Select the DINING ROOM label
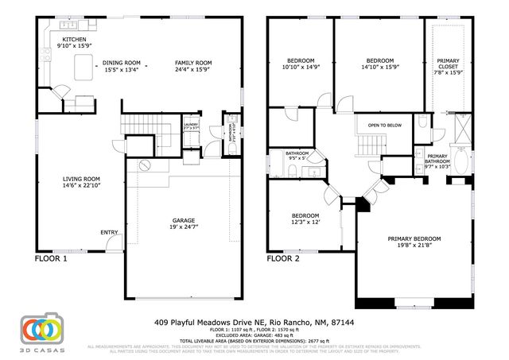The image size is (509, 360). click(x=122, y=63)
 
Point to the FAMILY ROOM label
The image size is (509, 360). click(x=193, y=63)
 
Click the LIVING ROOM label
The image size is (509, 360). click(x=80, y=179)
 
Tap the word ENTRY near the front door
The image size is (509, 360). click(x=109, y=232)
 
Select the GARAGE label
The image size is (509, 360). click(x=184, y=220)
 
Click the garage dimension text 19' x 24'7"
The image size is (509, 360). click(x=184, y=227)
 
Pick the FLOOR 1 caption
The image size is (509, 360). click(x=51, y=258)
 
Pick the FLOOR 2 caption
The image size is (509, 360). click(x=283, y=258)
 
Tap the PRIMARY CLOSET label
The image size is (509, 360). click(x=448, y=64)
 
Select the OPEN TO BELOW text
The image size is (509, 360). click(x=384, y=125)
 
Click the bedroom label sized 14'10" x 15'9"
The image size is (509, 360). click(x=379, y=60)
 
